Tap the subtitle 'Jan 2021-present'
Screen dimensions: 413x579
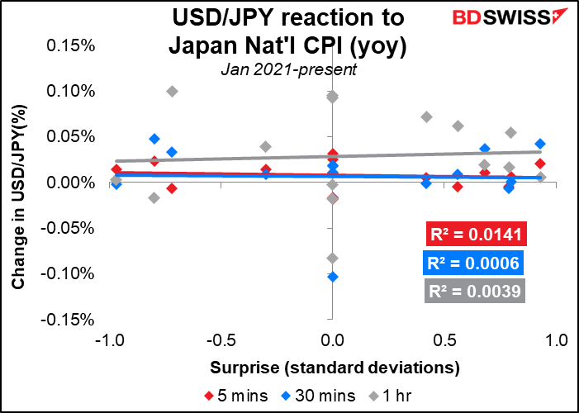coord(288,70)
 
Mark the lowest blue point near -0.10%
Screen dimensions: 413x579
coord(333,277)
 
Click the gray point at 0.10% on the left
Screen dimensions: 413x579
coord(172,91)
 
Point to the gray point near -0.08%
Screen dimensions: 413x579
coord(333,259)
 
